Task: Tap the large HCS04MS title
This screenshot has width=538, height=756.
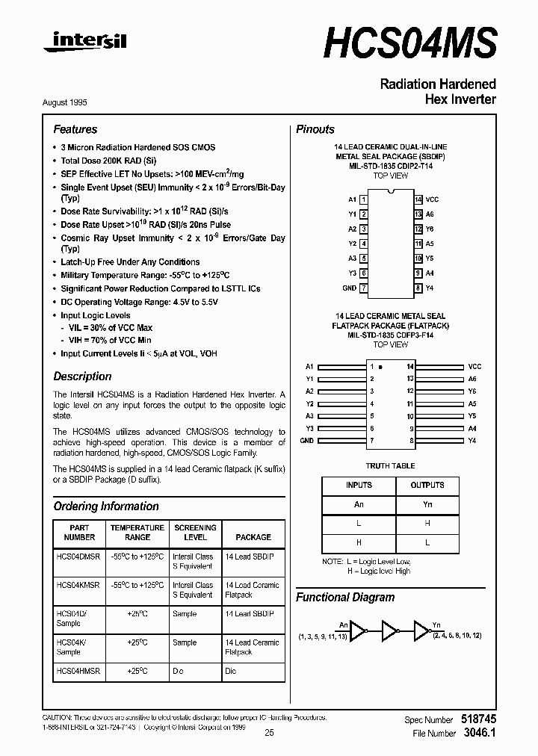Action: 409,42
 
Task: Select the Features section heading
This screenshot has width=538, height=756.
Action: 75,129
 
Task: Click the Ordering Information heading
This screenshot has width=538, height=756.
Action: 106,506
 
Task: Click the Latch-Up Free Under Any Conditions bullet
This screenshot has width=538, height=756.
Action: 130,262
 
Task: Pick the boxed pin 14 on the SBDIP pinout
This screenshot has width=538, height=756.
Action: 418,199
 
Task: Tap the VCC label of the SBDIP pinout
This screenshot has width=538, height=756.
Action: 432,199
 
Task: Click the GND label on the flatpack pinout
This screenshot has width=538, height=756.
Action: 306,441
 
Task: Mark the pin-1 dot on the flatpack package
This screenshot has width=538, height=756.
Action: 381,368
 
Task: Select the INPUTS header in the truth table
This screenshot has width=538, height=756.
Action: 359,486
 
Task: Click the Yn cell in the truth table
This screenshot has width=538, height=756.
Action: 427,504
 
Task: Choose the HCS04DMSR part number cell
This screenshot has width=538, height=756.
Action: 78,557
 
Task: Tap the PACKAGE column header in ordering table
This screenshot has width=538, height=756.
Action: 253,537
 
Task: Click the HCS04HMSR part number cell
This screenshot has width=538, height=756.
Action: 78,672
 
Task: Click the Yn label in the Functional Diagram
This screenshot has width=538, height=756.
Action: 436,625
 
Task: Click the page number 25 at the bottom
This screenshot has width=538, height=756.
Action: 269,734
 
